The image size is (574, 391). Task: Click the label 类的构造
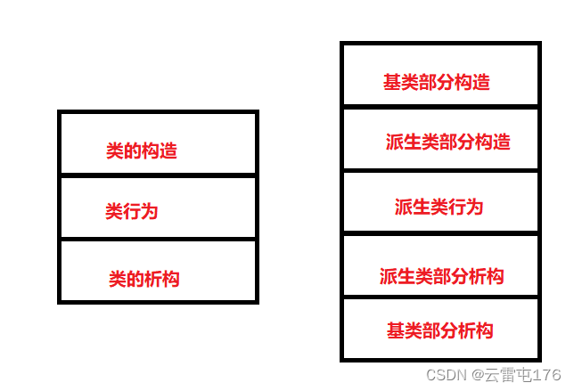142,151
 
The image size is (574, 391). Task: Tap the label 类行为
131,212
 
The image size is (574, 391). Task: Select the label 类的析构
143,280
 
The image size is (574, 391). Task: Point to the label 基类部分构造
437,83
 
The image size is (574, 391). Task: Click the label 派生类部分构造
447,143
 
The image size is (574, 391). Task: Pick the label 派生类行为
439,208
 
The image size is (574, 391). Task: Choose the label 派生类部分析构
441,276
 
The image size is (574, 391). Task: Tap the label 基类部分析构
439,331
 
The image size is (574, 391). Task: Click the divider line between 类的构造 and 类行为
158,175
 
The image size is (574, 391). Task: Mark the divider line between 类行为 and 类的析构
158,239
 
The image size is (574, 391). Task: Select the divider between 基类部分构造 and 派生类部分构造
440,107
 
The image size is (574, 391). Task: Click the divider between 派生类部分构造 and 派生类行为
440,170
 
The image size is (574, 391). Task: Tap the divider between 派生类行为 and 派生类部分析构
440,233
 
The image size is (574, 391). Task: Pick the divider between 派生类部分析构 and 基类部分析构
440,297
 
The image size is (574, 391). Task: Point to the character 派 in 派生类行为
404,208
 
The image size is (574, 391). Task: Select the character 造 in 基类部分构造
481,83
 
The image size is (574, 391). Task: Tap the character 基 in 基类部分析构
396,331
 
